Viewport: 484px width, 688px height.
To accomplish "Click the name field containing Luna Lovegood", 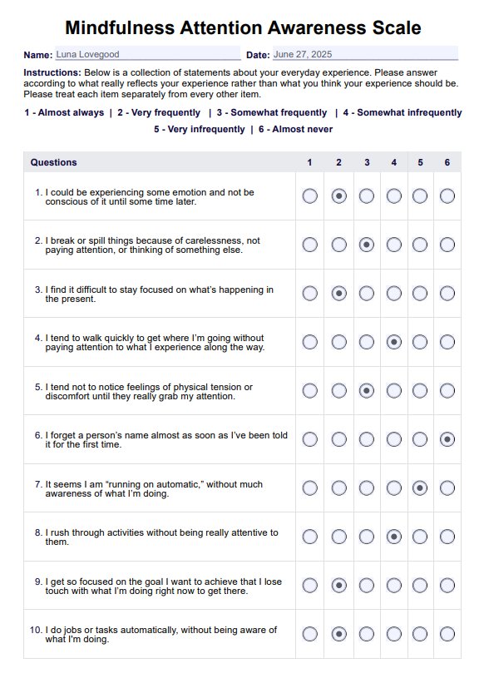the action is coord(146,55).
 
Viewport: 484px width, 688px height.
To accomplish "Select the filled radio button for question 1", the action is coord(338,196).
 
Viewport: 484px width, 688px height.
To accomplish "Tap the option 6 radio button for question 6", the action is coord(447,439).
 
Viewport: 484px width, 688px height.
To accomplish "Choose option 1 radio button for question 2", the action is coord(310,245).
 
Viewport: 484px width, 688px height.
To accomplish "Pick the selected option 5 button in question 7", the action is coord(421,488).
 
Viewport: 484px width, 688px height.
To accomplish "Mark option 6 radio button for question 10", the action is coord(447,634).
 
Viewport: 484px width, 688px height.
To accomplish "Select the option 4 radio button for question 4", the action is coord(394,342).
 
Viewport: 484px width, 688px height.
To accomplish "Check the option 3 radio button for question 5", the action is coord(367,390).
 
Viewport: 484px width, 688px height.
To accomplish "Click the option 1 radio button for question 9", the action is coord(310,585).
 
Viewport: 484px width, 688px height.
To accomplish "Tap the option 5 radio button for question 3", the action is coord(421,294).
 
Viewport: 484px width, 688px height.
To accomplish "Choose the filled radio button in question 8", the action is coord(394,537).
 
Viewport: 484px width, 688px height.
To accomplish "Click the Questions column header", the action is coord(54,162).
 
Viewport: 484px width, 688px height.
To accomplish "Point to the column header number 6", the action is coord(447,162).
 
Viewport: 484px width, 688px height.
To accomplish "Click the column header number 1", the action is coord(310,162).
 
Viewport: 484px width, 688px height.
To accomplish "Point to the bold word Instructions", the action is coord(52,73).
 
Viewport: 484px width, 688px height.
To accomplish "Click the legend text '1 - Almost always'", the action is coord(64,112).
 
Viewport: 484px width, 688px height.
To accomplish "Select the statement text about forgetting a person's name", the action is coord(166,439).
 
